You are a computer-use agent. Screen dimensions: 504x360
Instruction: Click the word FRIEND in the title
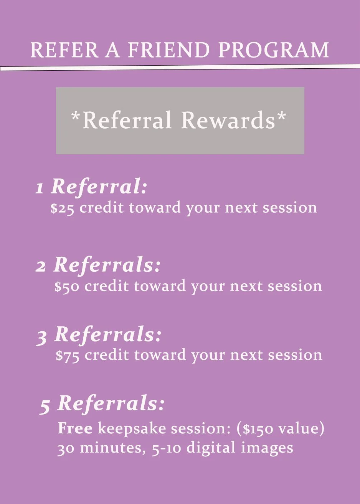[x=169, y=50]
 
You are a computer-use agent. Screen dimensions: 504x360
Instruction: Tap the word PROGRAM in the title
[x=274, y=50]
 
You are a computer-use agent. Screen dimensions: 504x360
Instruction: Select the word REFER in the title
[x=64, y=50]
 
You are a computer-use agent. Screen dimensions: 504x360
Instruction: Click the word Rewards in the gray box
[x=228, y=120]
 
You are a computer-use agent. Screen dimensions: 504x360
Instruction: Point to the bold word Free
[x=75, y=428]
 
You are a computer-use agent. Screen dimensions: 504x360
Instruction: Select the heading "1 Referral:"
[x=92, y=187]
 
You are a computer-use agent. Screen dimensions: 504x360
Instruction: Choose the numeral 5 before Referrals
[x=45, y=406]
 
